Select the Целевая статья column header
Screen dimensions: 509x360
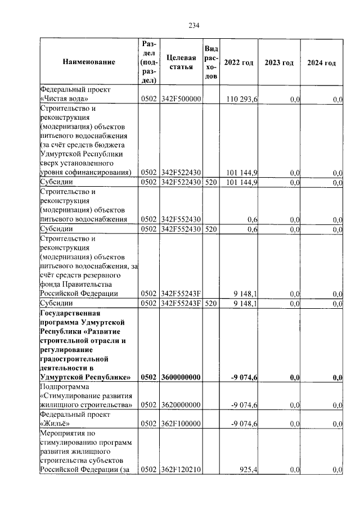pos(182,62)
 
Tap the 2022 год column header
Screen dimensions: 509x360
pos(238,62)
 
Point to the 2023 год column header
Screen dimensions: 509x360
pos(279,62)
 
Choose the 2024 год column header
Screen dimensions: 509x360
pos(322,62)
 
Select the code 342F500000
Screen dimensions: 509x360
pos(181,100)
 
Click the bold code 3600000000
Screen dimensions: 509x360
pos(181,377)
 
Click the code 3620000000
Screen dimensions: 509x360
pos(181,404)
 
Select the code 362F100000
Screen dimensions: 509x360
pos(181,424)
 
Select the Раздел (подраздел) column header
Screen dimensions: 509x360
pos(148,62)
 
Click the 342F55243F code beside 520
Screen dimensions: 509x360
pos(181,304)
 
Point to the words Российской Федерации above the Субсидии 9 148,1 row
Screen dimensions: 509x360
pos(79,294)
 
